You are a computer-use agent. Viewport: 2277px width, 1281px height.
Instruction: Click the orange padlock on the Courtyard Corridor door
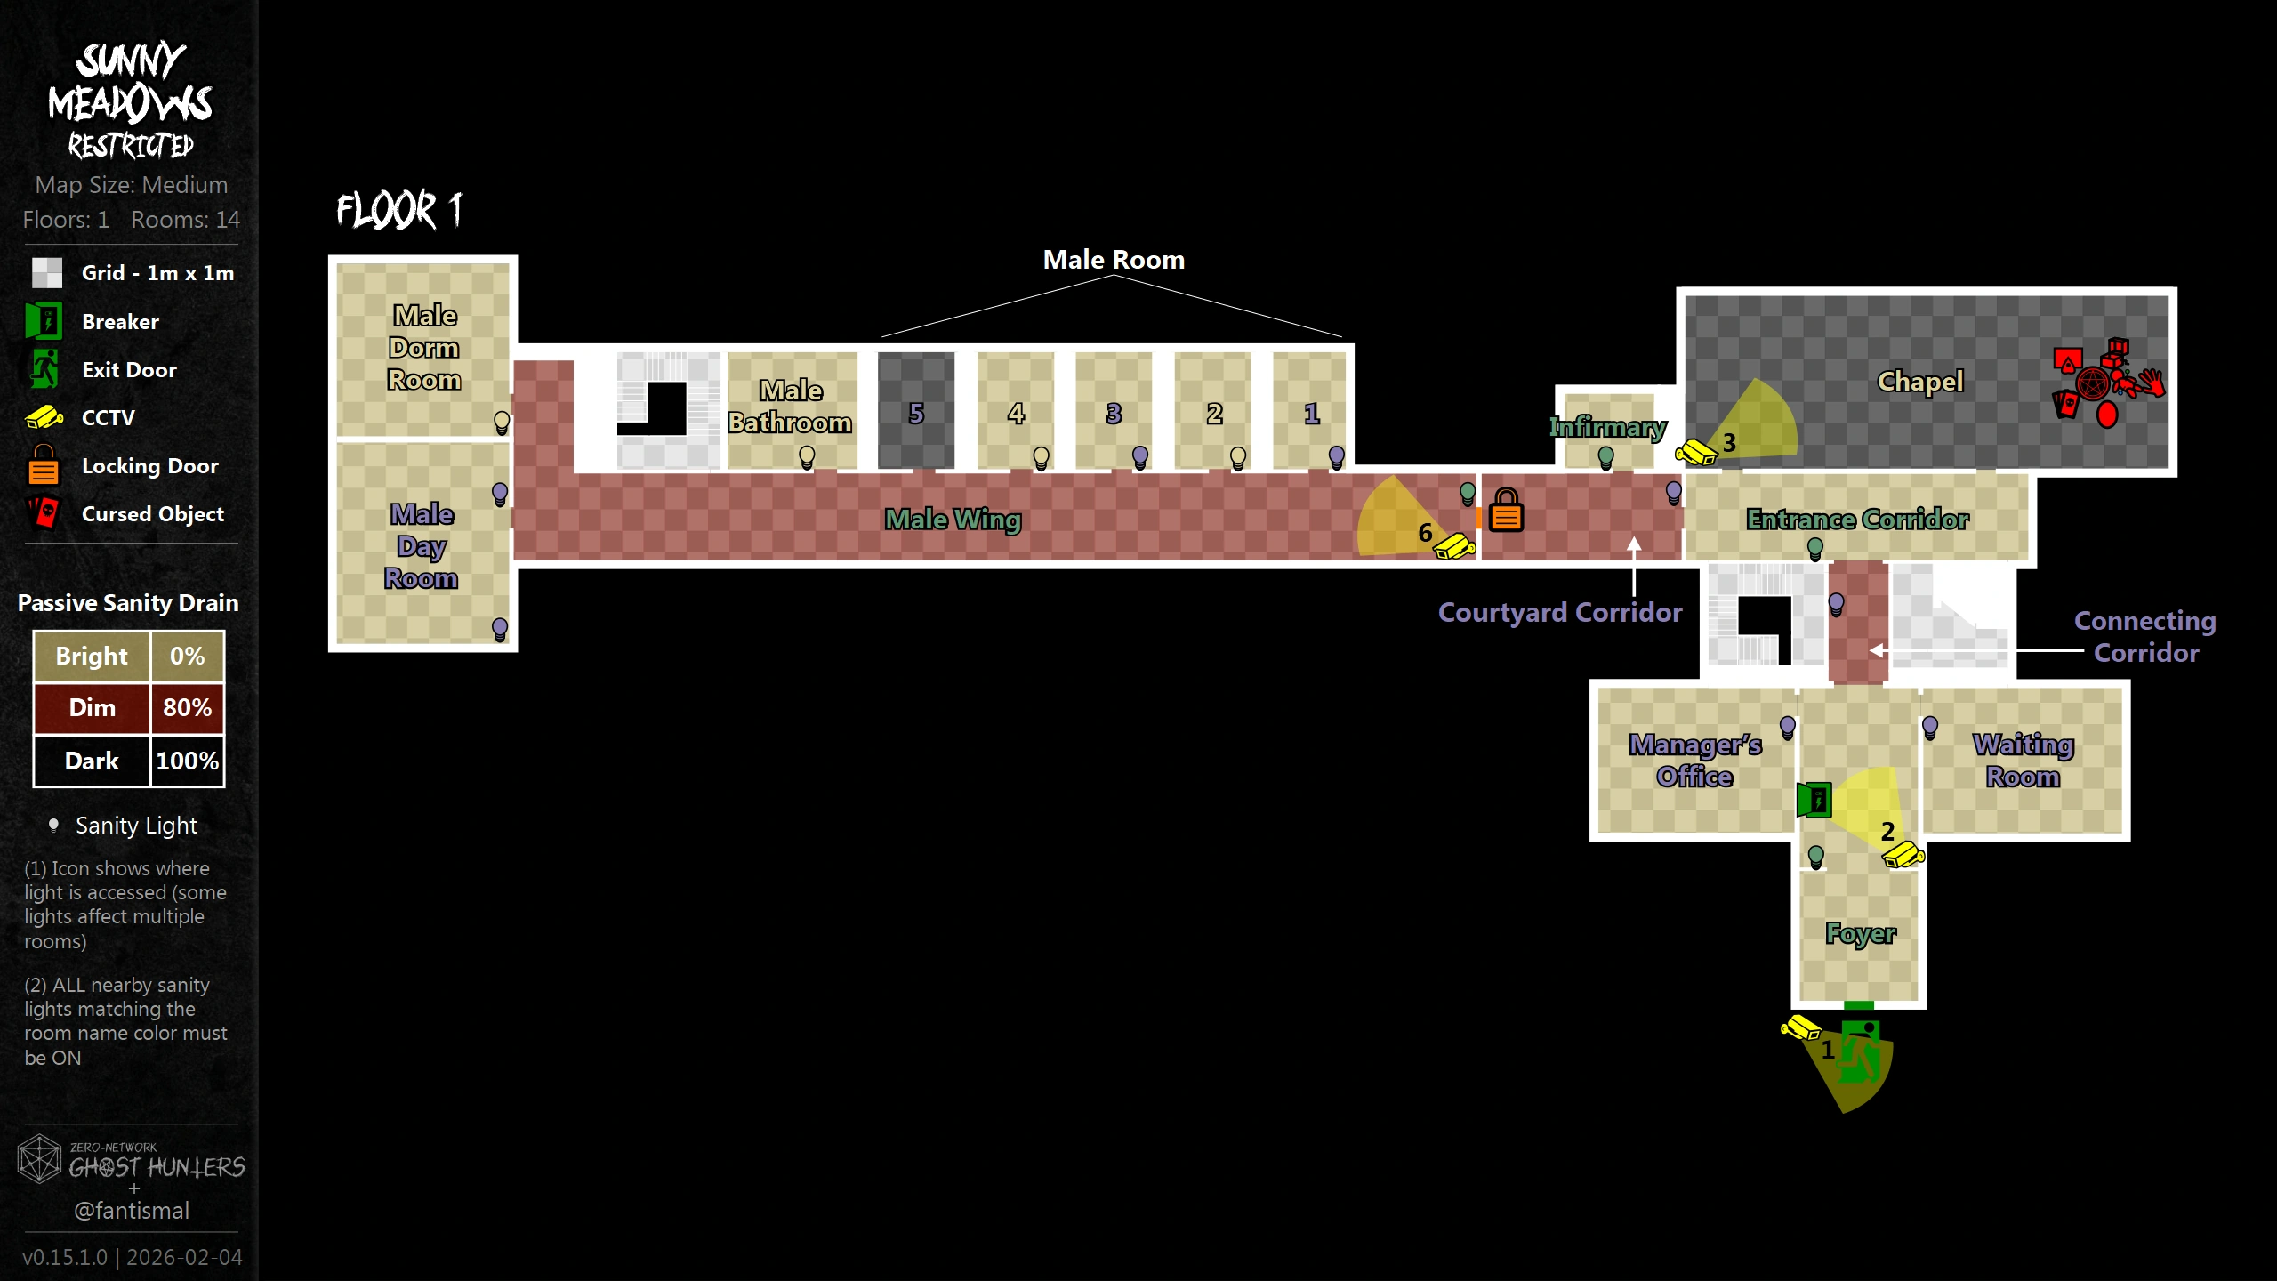coord(1506,511)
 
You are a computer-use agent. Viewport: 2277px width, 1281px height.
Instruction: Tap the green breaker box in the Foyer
coord(1814,800)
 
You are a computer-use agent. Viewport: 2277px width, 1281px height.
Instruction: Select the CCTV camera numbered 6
coord(1454,545)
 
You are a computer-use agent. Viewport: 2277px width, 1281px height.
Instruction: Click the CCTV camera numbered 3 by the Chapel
coord(1697,453)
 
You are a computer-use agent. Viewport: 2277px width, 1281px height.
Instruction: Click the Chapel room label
coord(1919,382)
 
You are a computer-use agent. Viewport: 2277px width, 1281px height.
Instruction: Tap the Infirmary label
coord(1607,428)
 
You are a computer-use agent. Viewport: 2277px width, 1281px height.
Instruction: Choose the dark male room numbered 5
coord(915,411)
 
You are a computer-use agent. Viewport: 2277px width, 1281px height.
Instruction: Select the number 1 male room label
coord(1311,414)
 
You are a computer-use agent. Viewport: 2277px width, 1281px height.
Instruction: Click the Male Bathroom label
coord(790,407)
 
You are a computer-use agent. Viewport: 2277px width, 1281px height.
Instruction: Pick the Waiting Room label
coord(2023,760)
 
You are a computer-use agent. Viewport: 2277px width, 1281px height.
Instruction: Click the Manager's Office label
coord(1694,760)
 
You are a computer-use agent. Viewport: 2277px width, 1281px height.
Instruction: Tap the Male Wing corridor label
coord(953,519)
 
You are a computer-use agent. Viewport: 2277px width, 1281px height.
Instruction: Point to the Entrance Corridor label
coord(1857,519)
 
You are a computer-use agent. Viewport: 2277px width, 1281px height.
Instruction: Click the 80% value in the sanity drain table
coord(187,708)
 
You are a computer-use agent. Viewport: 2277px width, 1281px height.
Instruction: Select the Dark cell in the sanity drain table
coord(92,761)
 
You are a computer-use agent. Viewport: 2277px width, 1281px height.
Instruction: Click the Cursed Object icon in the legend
coord(44,513)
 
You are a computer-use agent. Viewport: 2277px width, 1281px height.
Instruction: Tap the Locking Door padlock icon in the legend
coord(44,465)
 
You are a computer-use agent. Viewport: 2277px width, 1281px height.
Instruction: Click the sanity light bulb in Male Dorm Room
coord(502,422)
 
